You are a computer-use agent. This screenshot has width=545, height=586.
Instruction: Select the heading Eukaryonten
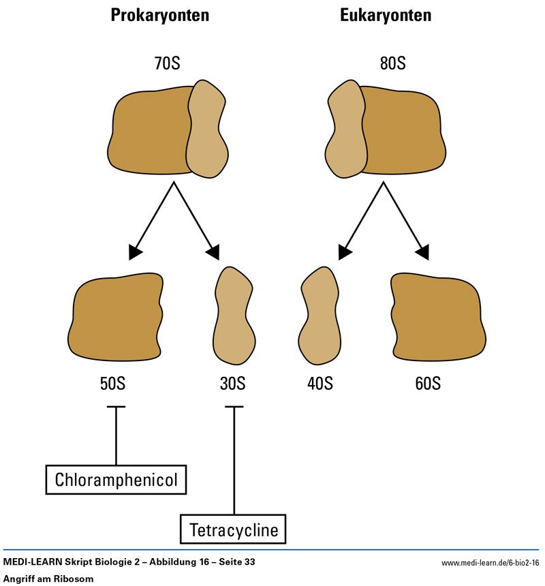(386, 17)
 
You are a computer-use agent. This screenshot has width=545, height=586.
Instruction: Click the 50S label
(112, 383)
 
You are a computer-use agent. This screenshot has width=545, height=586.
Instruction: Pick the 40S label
(319, 383)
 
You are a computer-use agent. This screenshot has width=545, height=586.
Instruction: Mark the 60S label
(426, 383)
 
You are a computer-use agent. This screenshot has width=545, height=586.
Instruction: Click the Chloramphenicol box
(115, 479)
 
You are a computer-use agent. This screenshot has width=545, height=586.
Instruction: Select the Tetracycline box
(234, 529)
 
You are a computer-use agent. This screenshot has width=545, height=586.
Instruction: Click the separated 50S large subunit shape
(116, 317)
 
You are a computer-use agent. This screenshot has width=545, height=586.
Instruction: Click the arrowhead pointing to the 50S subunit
(136, 251)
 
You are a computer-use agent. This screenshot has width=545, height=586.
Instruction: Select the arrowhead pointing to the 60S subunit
(422, 251)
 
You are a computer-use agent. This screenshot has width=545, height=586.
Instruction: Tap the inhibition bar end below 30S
(234, 407)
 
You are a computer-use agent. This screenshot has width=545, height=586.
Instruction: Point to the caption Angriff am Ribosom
(48, 578)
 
